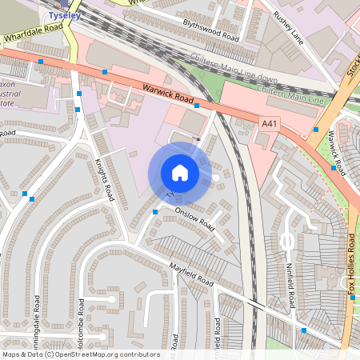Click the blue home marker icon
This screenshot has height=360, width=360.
point(180,172)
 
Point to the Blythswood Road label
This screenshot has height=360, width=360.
point(210,30)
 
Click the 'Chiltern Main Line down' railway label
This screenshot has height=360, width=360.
point(234,69)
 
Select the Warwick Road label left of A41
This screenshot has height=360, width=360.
point(169,95)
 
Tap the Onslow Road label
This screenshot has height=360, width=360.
point(196,220)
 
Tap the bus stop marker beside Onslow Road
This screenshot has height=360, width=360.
point(155,211)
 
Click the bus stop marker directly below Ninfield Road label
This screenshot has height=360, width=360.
point(303,330)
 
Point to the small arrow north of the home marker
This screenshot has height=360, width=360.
point(195,138)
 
